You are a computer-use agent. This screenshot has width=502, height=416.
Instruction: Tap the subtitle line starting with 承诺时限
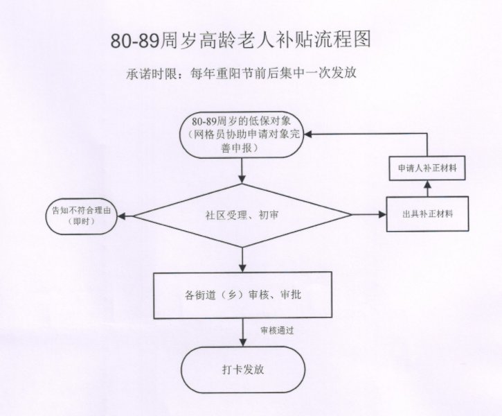click(241, 73)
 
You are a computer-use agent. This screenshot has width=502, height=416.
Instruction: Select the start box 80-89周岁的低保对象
click(242, 135)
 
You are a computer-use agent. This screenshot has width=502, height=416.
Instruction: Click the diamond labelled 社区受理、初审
click(242, 215)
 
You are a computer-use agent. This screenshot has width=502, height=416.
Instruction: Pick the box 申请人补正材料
click(427, 168)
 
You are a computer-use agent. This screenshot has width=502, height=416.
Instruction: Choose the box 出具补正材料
click(427, 215)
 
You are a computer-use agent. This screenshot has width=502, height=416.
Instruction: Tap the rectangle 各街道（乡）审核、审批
click(242, 295)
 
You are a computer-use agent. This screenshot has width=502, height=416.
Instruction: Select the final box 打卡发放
click(242, 368)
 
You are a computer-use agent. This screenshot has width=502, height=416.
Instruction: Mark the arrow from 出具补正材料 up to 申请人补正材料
click(427, 188)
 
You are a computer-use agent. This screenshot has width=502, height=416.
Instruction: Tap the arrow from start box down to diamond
click(242, 171)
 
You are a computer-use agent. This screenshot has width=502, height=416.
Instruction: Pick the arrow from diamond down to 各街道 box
click(242, 259)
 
